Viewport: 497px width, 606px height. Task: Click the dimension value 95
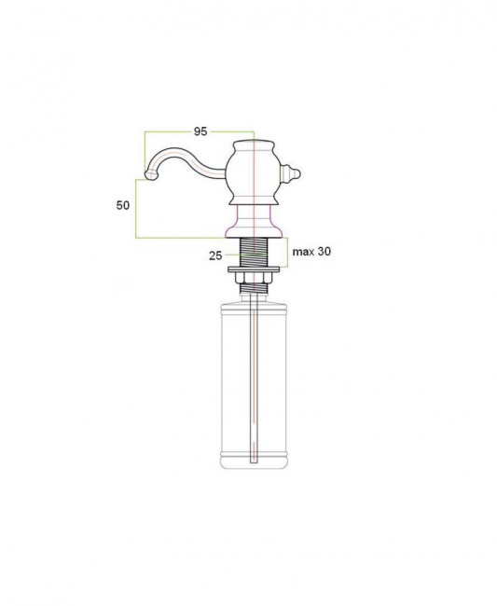tap(200, 131)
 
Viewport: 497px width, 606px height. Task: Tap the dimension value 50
tap(123, 205)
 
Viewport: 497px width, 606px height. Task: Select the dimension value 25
tap(215, 255)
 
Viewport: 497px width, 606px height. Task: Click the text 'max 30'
tap(311, 252)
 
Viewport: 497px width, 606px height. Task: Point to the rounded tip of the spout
tap(151, 175)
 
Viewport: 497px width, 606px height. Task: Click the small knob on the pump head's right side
tap(290, 174)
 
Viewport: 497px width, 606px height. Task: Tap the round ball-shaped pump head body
tap(253, 174)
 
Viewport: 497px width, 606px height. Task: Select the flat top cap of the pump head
tap(254, 145)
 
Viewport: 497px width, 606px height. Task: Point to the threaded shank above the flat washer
tap(254, 252)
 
